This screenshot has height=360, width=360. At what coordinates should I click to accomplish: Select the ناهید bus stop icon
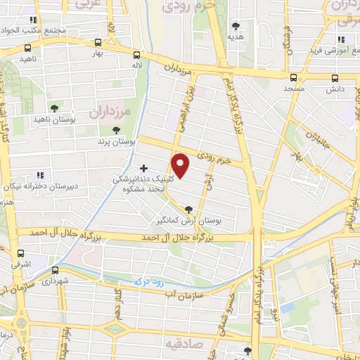27,49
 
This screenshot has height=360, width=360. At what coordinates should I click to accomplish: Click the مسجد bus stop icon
294,77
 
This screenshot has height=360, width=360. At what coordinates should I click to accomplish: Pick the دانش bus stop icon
335,77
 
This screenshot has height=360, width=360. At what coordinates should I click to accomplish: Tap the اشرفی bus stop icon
20,252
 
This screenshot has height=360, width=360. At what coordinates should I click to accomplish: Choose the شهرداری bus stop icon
55,269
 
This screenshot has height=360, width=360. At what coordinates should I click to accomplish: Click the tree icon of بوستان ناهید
54,108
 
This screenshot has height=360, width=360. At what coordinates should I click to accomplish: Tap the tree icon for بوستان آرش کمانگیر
188,209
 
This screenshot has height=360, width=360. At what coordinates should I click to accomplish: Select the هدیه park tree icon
236,25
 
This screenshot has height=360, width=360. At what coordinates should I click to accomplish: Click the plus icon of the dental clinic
144,168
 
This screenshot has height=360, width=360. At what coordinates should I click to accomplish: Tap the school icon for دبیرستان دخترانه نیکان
40,174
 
